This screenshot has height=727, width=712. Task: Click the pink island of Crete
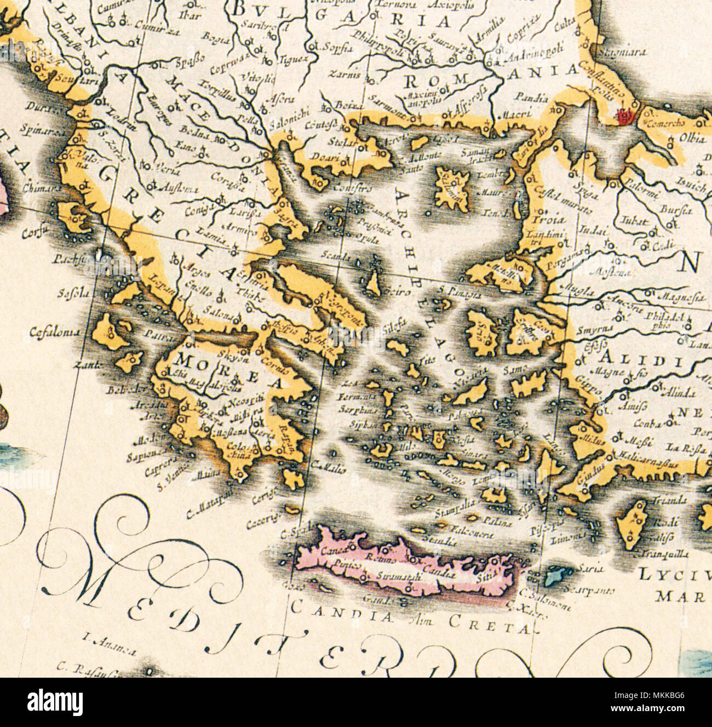(x=405, y=570)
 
